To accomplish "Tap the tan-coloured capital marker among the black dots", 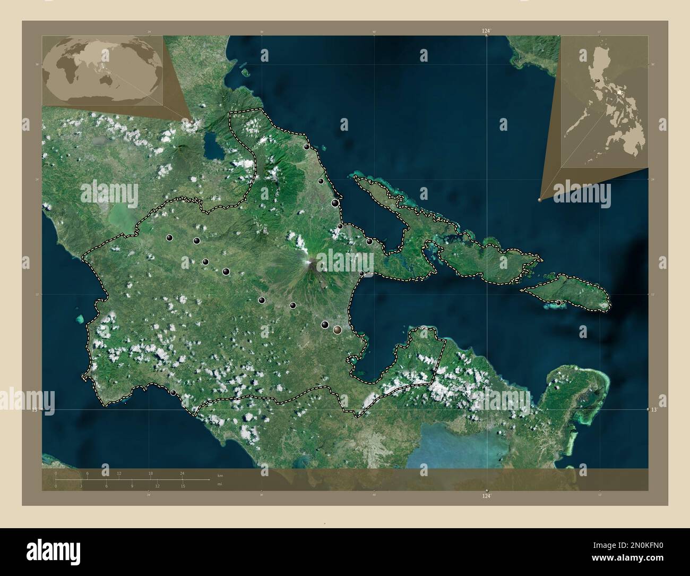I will point(337,330).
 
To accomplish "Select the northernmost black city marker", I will point(307,147).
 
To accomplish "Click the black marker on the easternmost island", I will point(558,302).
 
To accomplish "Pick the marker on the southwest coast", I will point(174,393).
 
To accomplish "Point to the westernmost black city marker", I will point(169,238).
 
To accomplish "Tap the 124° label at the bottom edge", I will point(486,496).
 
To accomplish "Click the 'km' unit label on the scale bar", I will point(220,475).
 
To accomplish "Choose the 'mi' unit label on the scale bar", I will point(219,485).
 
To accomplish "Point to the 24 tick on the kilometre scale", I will point(182,473).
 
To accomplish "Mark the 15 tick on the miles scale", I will point(182,486).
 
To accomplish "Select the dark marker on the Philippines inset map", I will point(599,81).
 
